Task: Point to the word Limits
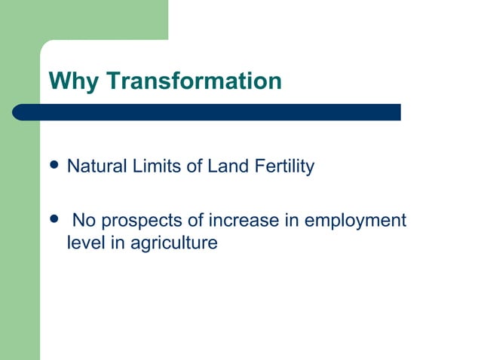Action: tap(148, 166)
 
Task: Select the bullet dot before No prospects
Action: tap(52, 220)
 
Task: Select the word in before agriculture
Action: tap(114, 243)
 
